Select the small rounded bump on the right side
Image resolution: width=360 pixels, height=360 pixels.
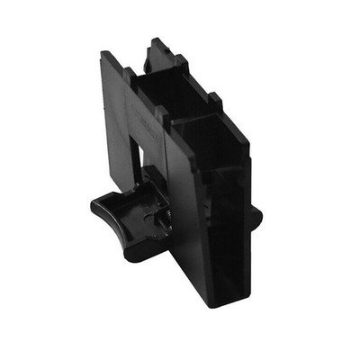[256, 215]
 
